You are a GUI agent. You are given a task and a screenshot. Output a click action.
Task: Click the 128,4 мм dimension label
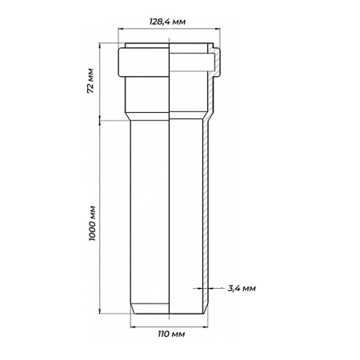[x=167, y=22]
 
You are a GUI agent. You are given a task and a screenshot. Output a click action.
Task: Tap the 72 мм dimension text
[x=90, y=81]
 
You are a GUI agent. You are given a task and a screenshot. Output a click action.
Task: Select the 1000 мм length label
[x=92, y=223]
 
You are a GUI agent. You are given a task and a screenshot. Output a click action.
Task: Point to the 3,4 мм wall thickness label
[x=242, y=288]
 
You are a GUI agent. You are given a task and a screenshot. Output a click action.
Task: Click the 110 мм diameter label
[x=171, y=334]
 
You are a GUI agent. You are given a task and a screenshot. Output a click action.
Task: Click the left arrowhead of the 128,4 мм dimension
[x=120, y=28]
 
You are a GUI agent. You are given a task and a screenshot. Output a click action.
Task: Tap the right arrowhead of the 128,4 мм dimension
[x=218, y=28]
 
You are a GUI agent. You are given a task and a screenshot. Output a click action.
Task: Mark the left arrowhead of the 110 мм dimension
[x=133, y=327]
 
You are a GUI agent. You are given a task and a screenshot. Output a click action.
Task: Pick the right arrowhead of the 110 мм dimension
[x=206, y=327]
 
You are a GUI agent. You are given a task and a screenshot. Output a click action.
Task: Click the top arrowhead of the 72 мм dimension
[x=100, y=45]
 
